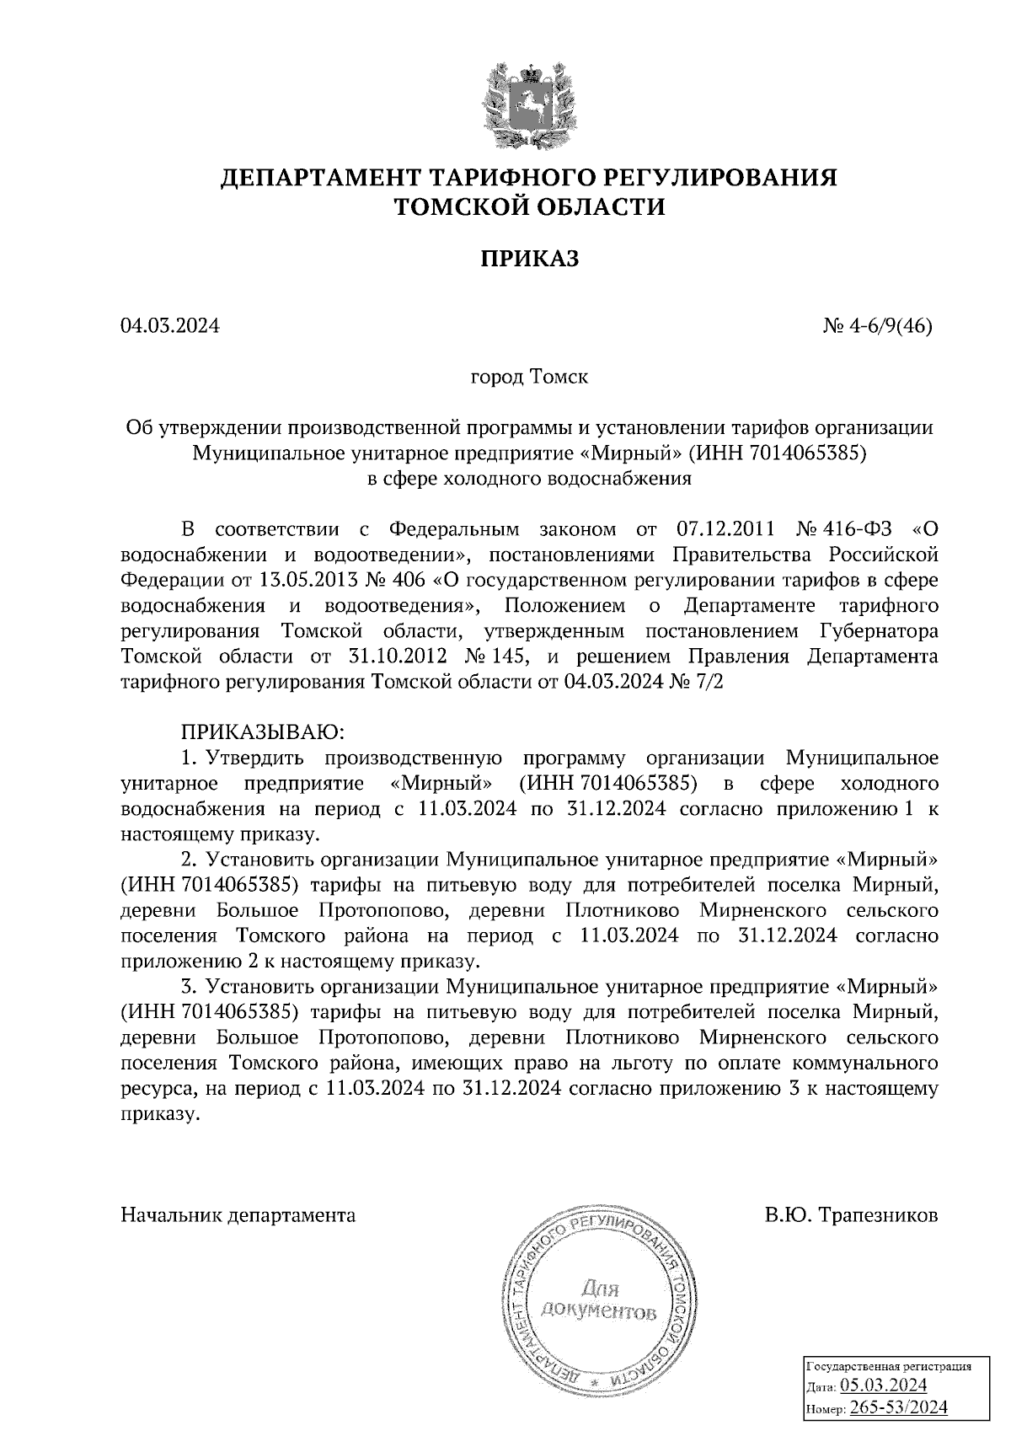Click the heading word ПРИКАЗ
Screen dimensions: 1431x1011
[x=530, y=259]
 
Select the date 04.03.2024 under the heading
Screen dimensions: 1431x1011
[x=170, y=325]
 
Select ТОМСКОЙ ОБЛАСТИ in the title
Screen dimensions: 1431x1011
[x=530, y=207]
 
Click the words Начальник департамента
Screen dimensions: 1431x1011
[x=238, y=1215]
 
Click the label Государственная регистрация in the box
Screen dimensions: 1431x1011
[x=890, y=1367]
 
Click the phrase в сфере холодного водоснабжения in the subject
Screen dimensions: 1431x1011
[x=529, y=480]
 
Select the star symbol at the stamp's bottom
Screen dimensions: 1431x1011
[x=593, y=1383]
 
